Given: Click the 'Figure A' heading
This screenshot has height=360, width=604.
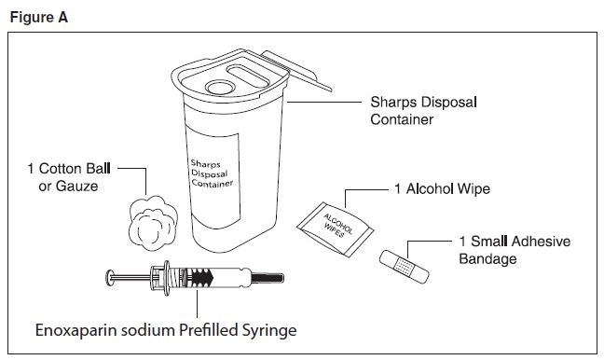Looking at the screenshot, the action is pos(38,18).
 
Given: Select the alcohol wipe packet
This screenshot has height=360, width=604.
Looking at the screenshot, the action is pos(335,228).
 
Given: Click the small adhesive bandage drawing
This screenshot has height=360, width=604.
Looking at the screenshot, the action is pos(405,267).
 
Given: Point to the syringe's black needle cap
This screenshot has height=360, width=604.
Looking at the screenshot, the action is pos(268,278).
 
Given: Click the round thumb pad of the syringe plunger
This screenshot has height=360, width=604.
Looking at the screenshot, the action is pos(110,278).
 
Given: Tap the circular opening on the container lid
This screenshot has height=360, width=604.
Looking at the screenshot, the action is pos(220,87).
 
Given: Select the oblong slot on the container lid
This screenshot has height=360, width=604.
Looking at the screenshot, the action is pos(248,76).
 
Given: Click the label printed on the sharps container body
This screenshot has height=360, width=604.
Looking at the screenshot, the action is pos(213,173).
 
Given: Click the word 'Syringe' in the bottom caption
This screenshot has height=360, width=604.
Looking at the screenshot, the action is pos(268,331).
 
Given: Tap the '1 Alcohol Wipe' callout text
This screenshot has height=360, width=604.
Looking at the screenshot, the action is pos(442,189).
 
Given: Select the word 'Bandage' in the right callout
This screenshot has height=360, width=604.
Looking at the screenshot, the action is pos(487,258).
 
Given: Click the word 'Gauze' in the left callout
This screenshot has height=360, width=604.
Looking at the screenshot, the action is pos(77,187).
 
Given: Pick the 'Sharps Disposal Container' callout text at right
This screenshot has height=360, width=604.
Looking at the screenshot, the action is pos(424,111).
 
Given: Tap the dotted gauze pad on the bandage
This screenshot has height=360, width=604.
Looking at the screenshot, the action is pos(405,266).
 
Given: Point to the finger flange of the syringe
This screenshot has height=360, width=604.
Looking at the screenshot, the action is pos(167,278).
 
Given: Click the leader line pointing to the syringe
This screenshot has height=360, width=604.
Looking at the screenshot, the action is pos(198,303).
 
